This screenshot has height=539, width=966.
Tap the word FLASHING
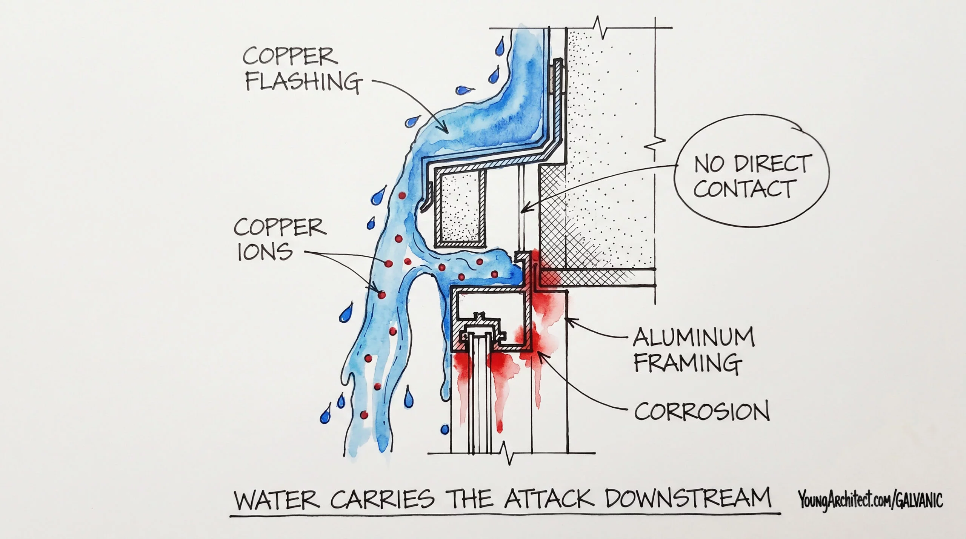click(x=301, y=81)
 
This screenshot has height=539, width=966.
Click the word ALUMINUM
click(x=694, y=337)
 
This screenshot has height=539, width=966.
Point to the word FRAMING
click(x=688, y=362)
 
